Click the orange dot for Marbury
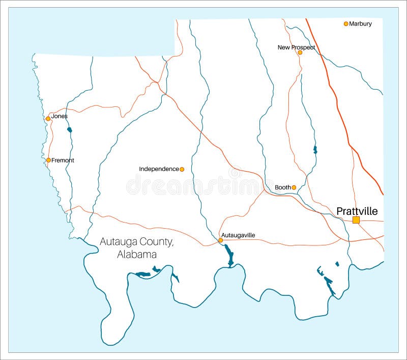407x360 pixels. click(346, 24)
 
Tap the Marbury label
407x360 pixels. click(360, 24)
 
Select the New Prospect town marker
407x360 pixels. click(300, 52)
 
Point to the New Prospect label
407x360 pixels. click(296, 47)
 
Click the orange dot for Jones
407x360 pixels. click(48, 119)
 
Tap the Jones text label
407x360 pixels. click(59, 116)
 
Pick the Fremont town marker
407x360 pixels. click(48, 160)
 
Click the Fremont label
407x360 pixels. click(63, 160)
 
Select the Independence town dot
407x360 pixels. click(182, 169)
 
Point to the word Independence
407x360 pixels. click(159, 169)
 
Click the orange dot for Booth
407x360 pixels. click(294, 187)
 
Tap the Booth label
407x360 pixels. click(282, 187)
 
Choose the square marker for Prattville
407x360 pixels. click(356, 220)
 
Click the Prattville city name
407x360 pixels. click(357, 211)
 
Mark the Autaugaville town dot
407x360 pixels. click(220, 240)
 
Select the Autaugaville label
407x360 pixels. click(238, 235)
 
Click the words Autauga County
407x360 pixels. click(136, 242)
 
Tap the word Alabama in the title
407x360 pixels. click(136, 255)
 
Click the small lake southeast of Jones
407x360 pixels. click(69, 130)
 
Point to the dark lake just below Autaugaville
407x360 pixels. click(229, 255)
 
